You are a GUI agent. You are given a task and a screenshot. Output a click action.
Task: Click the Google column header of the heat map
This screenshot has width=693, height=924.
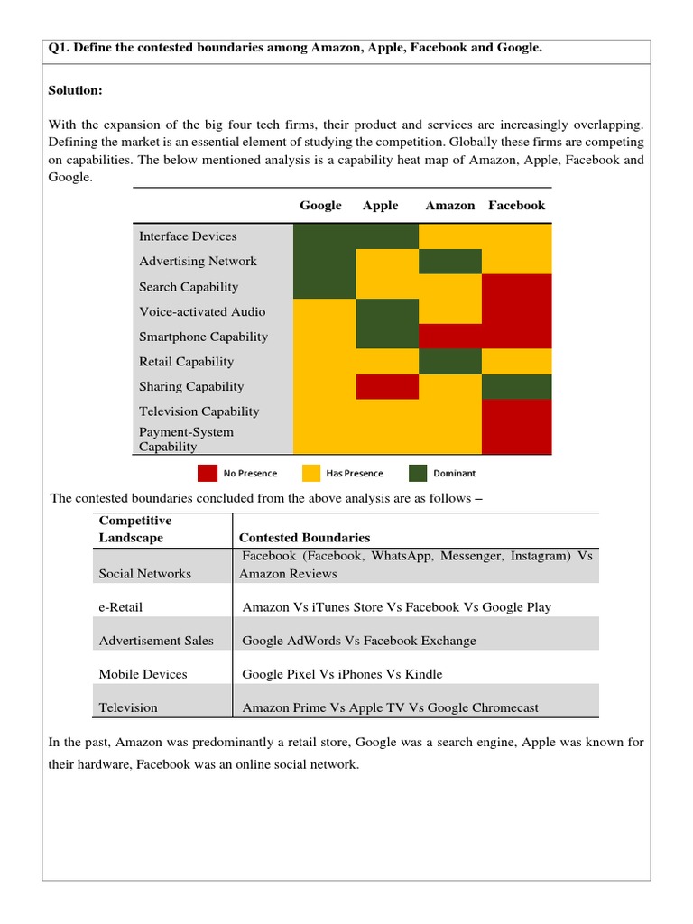(320, 206)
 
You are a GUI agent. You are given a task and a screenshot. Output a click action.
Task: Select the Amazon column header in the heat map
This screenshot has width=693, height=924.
(449, 206)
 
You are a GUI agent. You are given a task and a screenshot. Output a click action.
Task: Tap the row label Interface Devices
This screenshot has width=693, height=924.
(188, 236)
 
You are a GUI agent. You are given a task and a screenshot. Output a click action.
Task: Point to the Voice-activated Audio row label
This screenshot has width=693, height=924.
(202, 312)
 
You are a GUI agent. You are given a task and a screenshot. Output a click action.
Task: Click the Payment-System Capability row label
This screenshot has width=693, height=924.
(186, 439)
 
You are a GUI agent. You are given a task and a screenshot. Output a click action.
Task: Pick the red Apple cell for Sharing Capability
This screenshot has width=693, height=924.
(387, 386)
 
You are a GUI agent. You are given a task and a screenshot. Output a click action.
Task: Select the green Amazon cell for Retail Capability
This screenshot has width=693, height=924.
(449, 362)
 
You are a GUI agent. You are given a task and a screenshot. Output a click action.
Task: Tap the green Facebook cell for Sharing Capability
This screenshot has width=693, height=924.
(517, 386)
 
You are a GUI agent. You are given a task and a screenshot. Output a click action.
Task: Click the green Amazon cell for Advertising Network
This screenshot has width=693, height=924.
(449, 262)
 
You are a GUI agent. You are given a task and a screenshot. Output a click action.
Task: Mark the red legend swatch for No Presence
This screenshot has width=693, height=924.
(208, 473)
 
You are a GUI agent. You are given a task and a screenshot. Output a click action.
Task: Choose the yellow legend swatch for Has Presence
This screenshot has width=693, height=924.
(311, 473)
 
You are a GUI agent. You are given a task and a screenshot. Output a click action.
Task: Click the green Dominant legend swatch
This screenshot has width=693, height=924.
(418, 473)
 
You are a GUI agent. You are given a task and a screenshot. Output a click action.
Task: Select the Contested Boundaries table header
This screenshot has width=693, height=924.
(304, 538)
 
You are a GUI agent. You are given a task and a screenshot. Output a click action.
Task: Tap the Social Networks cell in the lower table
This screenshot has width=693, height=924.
(144, 574)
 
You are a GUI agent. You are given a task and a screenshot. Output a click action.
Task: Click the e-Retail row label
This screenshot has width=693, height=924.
(121, 607)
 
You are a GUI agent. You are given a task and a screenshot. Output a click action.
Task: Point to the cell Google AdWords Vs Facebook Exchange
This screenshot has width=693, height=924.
(359, 641)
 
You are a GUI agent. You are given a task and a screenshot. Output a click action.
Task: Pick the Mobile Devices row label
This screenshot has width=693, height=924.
(143, 674)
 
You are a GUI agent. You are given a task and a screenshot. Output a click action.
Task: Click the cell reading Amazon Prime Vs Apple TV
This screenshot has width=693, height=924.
(390, 707)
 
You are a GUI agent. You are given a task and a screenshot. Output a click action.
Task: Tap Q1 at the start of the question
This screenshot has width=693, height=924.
(60, 48)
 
